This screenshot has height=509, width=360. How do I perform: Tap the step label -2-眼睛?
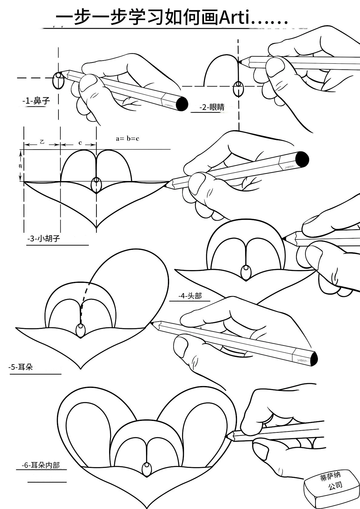(212, 107)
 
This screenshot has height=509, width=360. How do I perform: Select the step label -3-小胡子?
(44, 238)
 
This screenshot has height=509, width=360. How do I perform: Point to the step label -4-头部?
(190, 296)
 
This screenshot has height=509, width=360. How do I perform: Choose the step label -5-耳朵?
(21, 367)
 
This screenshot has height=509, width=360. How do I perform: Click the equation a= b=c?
(127, 139)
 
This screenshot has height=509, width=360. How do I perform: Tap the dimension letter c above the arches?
(80, 142)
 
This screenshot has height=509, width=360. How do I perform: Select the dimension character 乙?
(42, 142)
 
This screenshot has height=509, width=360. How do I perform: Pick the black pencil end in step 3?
(302, 159)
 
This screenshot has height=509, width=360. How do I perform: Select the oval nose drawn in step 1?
(58, 81)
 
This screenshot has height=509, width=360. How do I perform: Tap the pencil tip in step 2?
(239, 61)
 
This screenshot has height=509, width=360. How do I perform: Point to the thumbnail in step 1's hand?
(88, 83)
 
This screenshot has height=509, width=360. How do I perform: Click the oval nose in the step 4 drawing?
(246, 272)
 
